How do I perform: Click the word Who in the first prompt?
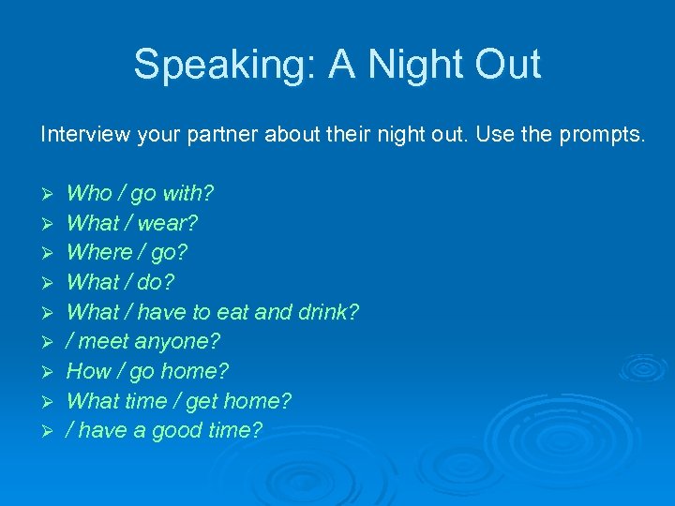89,193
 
